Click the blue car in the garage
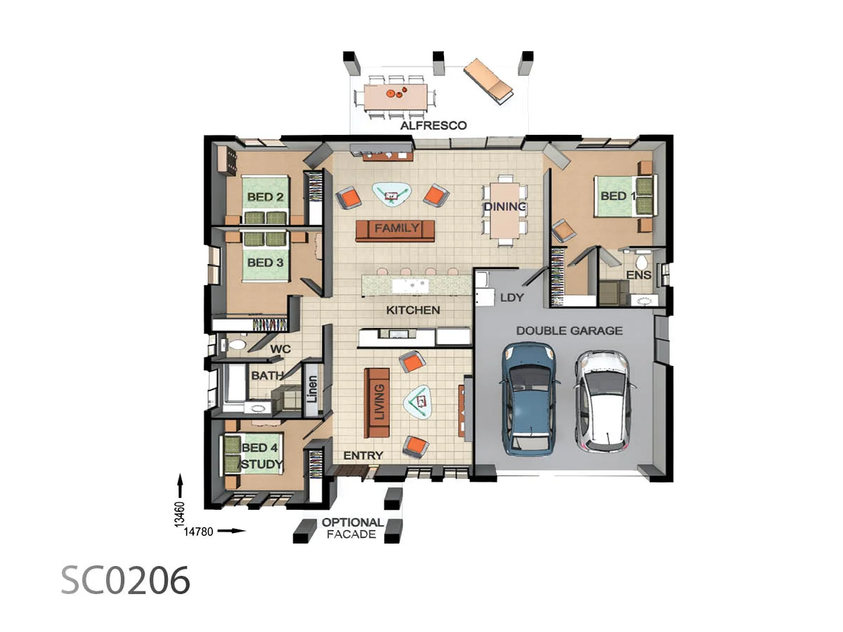click(530, 398)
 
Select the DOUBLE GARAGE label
click(569, 330)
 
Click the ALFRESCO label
click(433, 126)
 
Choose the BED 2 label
click(265, 197)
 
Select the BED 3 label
click(265, 263)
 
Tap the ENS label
click(639, 275)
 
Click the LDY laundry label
click(511, 298)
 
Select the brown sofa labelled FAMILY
click(396, 229)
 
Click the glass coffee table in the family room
click(391, 194)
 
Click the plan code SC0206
click(125, 581)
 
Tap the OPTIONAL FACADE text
click(353, 528)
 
